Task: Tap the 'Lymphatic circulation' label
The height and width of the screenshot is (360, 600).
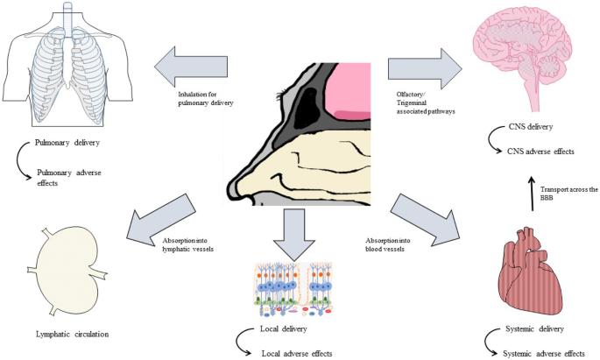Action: tap(67, 334)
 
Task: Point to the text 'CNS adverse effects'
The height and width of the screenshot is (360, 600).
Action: tap(540, 152)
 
